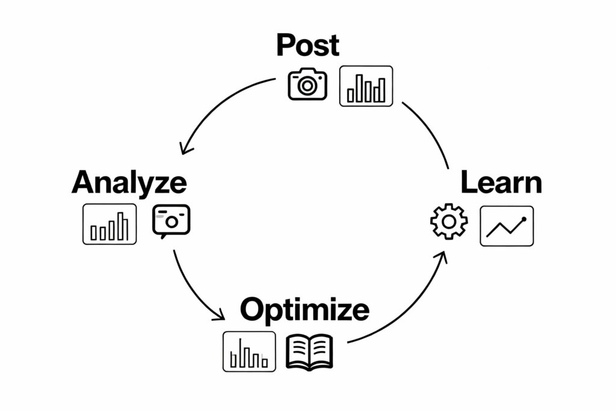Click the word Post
click(x=307, y=45)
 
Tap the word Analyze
click(x=129, y=182)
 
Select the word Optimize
click(x=304, y=309)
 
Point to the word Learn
click(x=501, y=182)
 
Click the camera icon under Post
click(x=307, y=85)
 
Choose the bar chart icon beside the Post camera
click(x=366, y=86)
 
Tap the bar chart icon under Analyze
click(x=109, y=224)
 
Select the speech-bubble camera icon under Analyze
click(x=171, y=220)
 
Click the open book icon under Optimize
click(x=309, y=351)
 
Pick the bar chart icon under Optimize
click(x=249, y=351)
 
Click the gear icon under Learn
click(x=449, y=221)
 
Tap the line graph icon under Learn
click(x=507, y=226)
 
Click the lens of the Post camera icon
click(x=307, y=86)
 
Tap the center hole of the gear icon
click(x=449, y=221)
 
